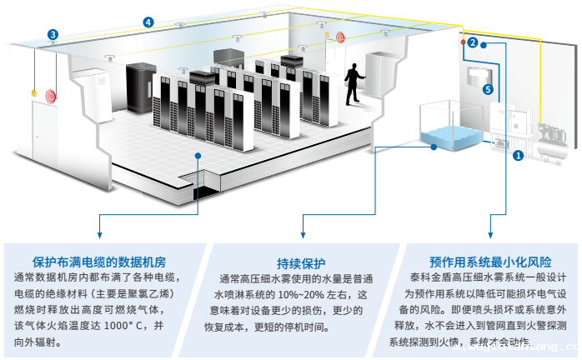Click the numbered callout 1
coord(518,154)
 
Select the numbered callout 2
coord(472,42)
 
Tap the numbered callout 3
coord(53,35)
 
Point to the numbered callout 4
coord(148,22)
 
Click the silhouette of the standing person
coord(354,82)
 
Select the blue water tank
coord(453,132)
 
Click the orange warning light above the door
coord(34,92)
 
